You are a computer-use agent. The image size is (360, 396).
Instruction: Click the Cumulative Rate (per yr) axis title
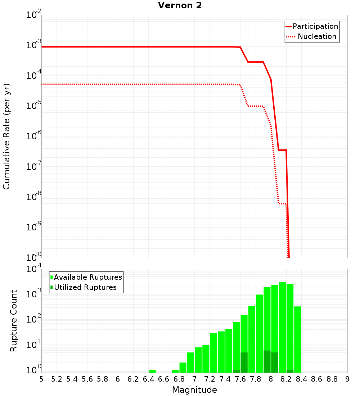[x=6, y=136]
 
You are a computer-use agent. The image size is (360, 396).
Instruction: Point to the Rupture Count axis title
[x=14, y=321]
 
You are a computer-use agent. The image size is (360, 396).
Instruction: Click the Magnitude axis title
[x=194, y=390]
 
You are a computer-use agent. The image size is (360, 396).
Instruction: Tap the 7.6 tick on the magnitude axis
[x=240, y=379]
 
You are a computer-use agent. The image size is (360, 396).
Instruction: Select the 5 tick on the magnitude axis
[x=41, y=379]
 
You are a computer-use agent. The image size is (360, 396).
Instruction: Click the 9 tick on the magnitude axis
[x=347, y=379]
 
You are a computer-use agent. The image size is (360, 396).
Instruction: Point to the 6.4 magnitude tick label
[x=148, y=379]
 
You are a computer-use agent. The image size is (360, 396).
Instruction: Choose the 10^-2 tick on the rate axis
[x=34, y=15]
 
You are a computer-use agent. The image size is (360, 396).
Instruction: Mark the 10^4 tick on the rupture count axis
[x=34, y=269]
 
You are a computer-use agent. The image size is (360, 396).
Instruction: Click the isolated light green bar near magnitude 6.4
[x=152, y=371]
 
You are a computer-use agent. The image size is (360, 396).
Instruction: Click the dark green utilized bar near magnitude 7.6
[x=244, y=363]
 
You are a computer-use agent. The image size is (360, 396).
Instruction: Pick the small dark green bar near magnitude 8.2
[x=290, y=371]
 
